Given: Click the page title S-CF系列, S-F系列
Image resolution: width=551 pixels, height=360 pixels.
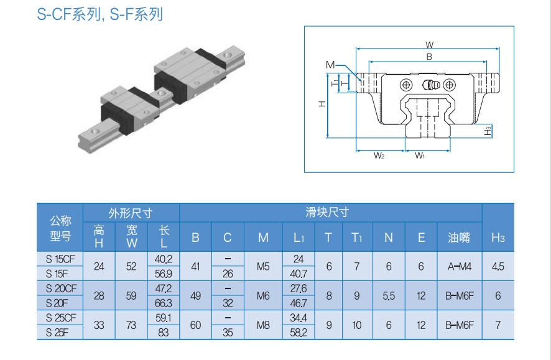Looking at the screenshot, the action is click(100, 14).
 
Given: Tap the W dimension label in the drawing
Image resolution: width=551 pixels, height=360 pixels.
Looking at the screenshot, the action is click(429, 45).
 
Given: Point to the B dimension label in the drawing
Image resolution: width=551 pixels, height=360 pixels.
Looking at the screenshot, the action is click(429, 57).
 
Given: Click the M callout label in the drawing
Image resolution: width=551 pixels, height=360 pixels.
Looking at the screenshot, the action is click(330, 65).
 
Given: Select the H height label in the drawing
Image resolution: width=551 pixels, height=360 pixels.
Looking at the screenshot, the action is click(322, 104).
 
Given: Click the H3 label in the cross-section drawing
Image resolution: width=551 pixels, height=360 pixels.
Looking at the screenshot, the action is click(488, 131).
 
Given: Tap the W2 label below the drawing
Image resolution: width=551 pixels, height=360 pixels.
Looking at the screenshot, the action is click(379, 155).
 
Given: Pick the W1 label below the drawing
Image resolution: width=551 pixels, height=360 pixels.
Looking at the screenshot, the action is click(420, 155).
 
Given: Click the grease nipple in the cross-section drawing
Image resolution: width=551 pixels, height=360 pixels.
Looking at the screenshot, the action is click(430, 85).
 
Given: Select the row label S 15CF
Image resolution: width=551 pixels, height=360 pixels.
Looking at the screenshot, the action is click(60, 259).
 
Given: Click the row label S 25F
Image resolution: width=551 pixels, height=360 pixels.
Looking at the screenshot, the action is click(57, 332).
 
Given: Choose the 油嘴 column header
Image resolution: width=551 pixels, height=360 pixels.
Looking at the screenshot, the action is click(459, 238).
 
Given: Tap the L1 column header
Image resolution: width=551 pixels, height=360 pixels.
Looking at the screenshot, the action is click(299, 238).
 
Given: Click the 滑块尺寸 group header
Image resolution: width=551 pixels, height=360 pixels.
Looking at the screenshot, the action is click(327, 213).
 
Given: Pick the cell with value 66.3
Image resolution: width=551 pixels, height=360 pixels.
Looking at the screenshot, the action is click(164, 303).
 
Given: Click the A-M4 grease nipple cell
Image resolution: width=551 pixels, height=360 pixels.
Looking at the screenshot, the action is click(460, 267).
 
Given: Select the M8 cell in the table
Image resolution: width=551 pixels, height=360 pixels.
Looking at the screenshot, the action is click(263, 325).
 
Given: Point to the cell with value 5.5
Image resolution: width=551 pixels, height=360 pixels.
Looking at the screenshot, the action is click(389, 296).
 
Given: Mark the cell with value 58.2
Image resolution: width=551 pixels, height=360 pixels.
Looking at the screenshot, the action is click(299, 332).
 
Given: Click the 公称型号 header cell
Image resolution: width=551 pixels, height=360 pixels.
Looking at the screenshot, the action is click(60, 228).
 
